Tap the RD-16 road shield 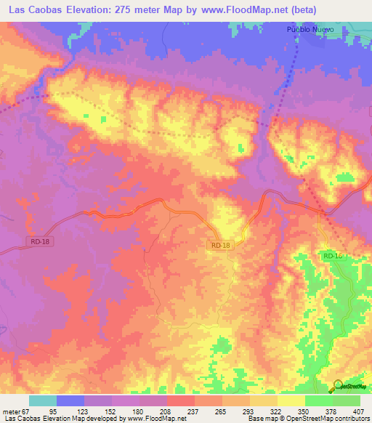pos(332,256)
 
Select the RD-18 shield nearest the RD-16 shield pos(221,246)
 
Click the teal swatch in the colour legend pos(43,400)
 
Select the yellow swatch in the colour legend pos(291,400)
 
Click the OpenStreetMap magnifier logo pos(339,385)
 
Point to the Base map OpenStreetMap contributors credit pos(306,419)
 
